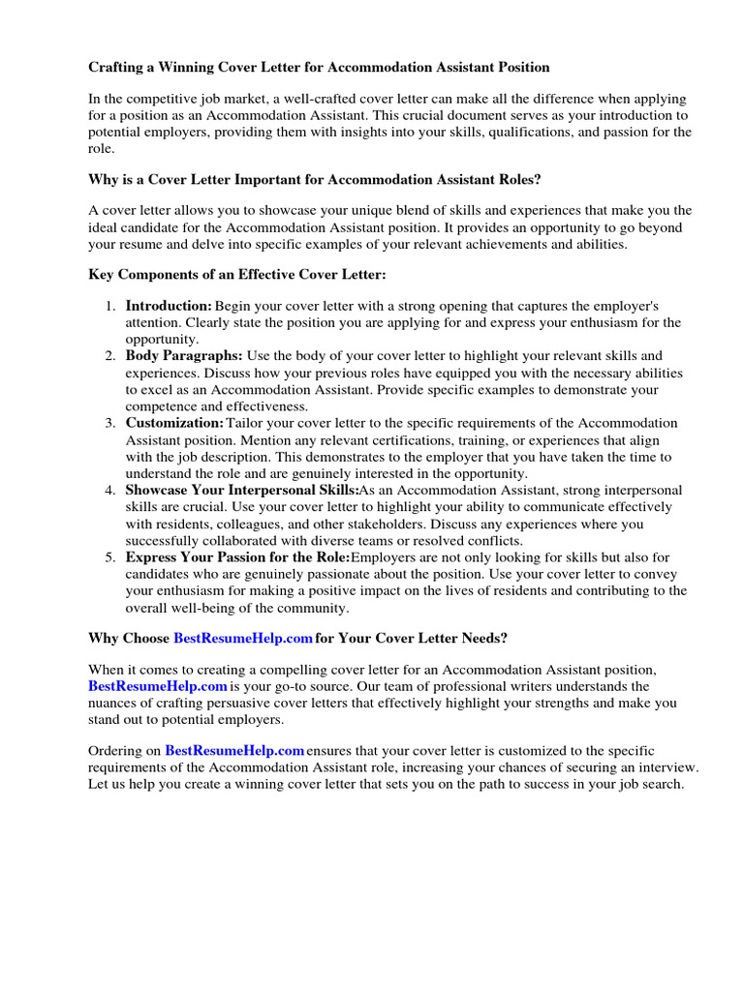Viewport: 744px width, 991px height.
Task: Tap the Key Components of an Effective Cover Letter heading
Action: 237,275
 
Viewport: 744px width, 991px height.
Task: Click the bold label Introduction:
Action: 169,306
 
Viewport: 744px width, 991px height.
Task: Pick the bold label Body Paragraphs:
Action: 184,356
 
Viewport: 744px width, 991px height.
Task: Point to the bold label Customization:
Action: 174,423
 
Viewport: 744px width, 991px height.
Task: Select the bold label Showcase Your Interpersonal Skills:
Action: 241,491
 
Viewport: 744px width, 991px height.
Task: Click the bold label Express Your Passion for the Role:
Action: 237,557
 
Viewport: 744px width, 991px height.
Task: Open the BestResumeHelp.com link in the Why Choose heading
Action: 242,639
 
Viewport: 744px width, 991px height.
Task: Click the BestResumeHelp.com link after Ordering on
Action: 234,750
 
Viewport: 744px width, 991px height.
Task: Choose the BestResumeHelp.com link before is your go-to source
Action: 157,686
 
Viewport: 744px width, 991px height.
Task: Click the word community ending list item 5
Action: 316,608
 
